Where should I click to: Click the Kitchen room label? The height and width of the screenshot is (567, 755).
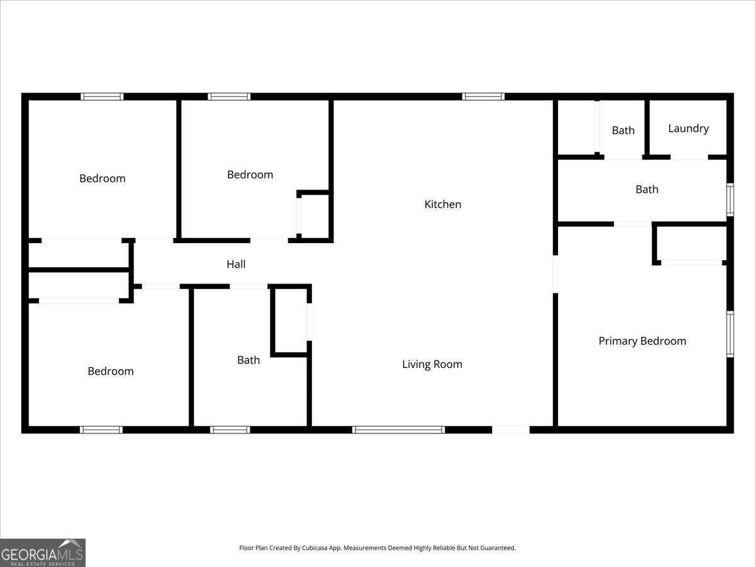pyautogui.click(x=443, y=204)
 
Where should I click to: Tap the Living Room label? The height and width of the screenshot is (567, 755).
pyautogui.click(x=432, y=364)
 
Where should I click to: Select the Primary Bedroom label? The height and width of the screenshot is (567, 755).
pyautogui.click(x=642, y=341)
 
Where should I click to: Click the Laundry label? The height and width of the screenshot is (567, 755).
pyautogui.click(x=688, y=129)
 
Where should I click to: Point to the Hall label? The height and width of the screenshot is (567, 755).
pyautogui.click(x=236, y=265)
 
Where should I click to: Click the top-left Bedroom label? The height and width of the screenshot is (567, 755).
pyautogui.click(x=102, y=178)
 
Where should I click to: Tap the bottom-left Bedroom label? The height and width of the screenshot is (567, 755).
pyautogui.click(x=110, y=371)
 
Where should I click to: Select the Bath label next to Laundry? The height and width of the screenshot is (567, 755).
pyautogui.click(x=623, y=130)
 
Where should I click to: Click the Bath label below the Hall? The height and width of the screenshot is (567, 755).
pyautogui.click(x=249, y=360)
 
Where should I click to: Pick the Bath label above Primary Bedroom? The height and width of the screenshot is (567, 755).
pyautogui.click(x=647, y=189)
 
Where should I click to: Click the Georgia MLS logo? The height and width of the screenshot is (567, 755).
pyautogui.click(x=42, y=553)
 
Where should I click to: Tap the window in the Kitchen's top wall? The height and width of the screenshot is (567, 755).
pyautogui.click(x=483, y=96)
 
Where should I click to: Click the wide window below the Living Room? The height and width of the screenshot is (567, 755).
pyautogui.click(x=398, y=430)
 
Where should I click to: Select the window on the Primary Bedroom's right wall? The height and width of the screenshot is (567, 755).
pyautogui.click(x=730, y=334)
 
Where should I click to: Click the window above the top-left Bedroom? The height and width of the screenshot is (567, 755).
pyautogui.click(x=102, y=96)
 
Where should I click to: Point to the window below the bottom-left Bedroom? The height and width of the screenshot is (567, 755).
pyautogui.click(x=101, y=430)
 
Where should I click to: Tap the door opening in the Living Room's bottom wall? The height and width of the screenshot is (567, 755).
pyautogui.click(x=510, y=430)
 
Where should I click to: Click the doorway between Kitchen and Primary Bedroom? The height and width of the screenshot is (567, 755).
pyautogui.click(x=556, y=273)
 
